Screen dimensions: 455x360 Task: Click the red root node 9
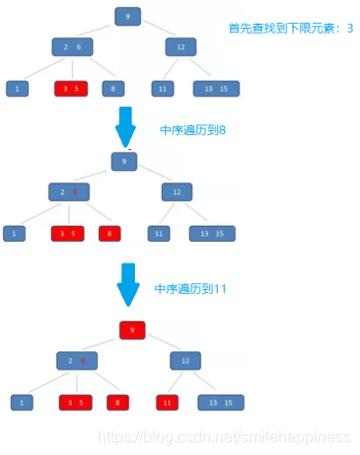coord(132,331)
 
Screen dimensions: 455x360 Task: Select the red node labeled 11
coord(169,403)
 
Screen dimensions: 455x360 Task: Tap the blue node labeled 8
coord(113,89)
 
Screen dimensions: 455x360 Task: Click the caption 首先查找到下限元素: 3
coord(291,29)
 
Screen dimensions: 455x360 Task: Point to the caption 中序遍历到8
coord(193,129)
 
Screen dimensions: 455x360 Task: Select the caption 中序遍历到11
coord(191,289)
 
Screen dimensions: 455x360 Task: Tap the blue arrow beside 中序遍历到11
coord(128,284)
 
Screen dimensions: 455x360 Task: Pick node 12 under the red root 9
coord(184,360)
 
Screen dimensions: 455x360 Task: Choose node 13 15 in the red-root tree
coord(220,403)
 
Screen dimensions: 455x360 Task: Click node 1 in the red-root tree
coord(22,403)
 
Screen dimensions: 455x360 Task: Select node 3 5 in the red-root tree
coord(75,403)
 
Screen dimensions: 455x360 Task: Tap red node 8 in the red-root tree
coord(118,403)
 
